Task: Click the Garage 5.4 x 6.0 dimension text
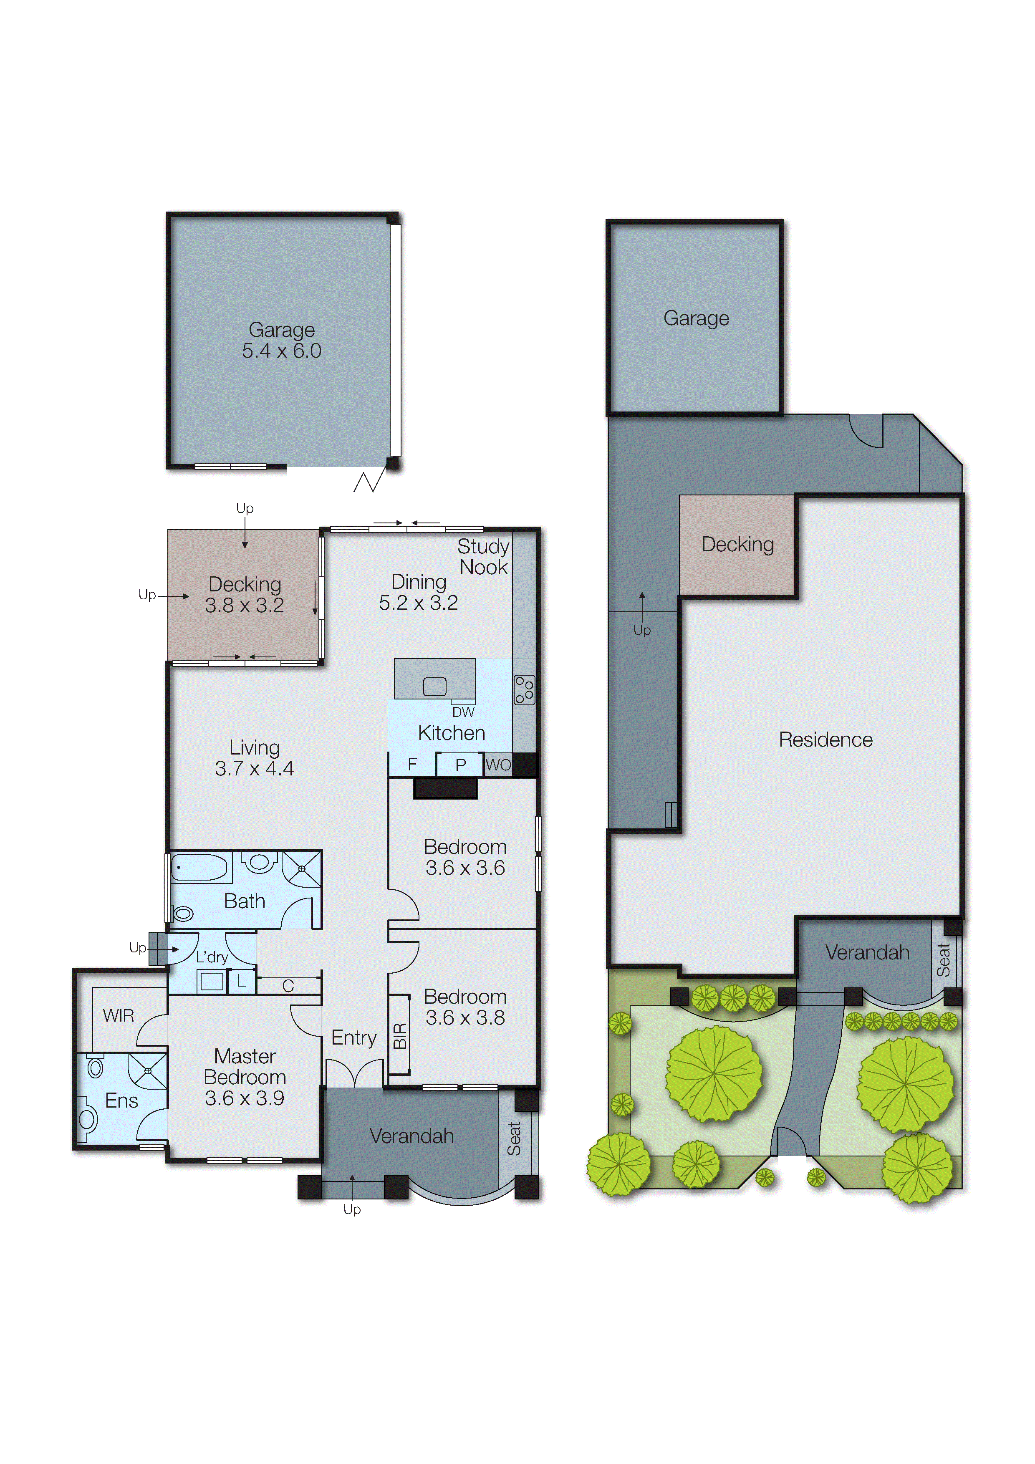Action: point(281,351)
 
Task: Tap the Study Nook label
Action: point(483,557)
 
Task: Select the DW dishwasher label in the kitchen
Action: point(463,712)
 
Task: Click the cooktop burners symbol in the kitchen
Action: point(524,690)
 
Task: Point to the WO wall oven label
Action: point(498,765)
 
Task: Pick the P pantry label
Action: point(460,765)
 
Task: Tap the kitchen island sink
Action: point(434,687)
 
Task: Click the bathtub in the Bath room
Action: point(199,868)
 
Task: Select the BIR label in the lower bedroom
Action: point(400,1036)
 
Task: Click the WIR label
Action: point(119,1016)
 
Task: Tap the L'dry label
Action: point(212,957)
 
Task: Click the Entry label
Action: point(354,1037)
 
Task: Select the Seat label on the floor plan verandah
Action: point(514,1139)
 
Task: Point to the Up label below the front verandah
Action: point(352,1209)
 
